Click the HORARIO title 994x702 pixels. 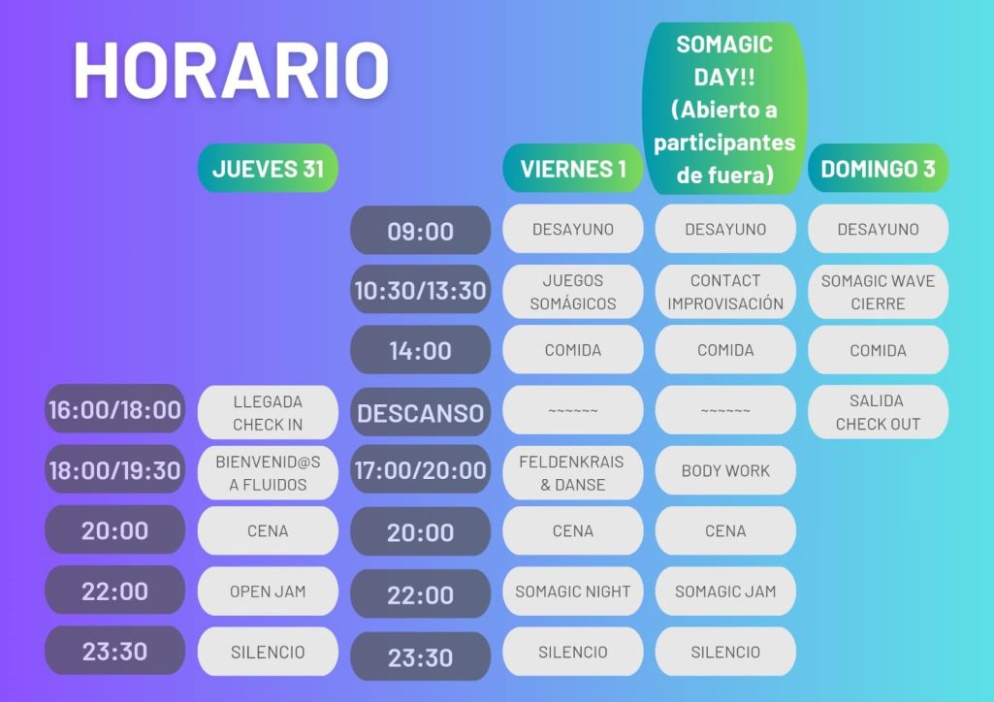[232, 70]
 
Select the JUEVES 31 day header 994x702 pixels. [269, 169]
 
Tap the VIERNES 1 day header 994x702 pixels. [573, 169]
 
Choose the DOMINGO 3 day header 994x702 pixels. [878, 169]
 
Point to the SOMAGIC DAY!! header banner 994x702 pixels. [724, 109]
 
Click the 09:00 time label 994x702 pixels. [420, 230]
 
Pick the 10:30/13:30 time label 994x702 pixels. [420, 290]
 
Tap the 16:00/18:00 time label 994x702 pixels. [114, 409]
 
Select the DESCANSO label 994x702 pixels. [420, 412]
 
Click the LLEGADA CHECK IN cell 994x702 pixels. [269, 412]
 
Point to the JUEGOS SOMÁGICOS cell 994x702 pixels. [573, 292]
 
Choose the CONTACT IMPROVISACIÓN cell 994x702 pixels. [725, 292]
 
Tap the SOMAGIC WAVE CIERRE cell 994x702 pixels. [878, 292]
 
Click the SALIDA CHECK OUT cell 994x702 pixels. [878, 412]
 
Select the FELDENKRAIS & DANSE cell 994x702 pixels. [573, 472]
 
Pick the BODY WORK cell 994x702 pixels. [725, 470]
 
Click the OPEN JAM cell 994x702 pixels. [269, 591]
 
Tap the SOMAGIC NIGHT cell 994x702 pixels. [573, 591]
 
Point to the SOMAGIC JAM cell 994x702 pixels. [725, 591]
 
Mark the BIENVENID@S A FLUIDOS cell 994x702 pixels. [269, 472]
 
